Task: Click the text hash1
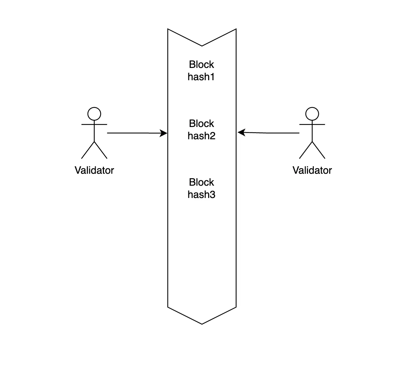pyautogui.click(x=201, y=77)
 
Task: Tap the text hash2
pyautogui.click(x=201, y=136)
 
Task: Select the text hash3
pyautogui.click(x=201, y=195)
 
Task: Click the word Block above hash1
pyautogui.click(x=201, y=65)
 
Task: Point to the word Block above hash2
pyautogui.click(x=201, y=123)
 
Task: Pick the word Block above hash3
pyautogui.click(x=201, y=182)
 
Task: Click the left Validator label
pyautogui.click(x=94, y=170)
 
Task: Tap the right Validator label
pyautogui.click(x=312, y=170)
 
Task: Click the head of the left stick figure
pyautogui.click(x=94, y=114)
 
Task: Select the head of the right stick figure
pyautogui.click(x=312, y=114)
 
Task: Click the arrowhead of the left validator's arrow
pyautogui.click(x=164, y=133)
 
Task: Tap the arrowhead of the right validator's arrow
pyautogui.click(x=241, y=132)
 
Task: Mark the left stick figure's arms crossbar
pyautogui.click(x=94, y=125)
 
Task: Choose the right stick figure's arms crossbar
pyautogui.click(x=312, y=125)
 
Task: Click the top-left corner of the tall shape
pyautogui.click(x=168, y=29)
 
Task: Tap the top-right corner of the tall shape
pyautogui.click(x=236, y=29)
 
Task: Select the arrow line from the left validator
pyautogui.click(x=133, y=133)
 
